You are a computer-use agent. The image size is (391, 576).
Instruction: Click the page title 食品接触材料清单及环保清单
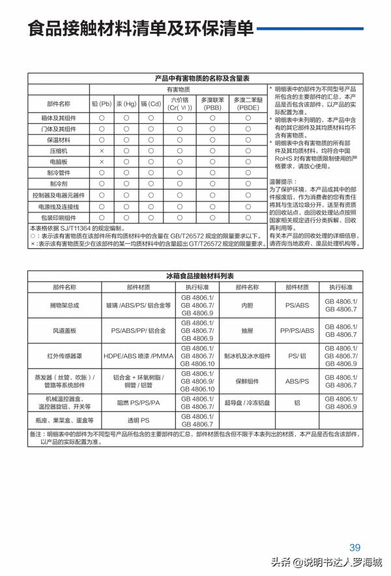pos(140,29)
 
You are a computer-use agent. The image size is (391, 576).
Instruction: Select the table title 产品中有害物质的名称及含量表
pos(202,78)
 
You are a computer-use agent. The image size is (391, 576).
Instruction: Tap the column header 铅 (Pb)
pos(102,104)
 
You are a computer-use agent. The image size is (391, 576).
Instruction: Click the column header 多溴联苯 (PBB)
pos(212,104)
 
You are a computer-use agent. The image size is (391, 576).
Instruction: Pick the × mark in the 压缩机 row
pos(102,151)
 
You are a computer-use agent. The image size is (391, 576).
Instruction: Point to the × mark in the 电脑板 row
pos(102,162)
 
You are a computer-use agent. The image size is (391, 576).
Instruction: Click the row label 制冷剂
pos(59,184)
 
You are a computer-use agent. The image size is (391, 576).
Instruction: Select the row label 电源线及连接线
pos(59,206)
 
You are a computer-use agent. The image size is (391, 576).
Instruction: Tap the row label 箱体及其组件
pos(59,117)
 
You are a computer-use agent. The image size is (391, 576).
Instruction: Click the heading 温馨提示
pos(283,182)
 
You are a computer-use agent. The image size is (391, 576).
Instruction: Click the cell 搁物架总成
pos(65,305)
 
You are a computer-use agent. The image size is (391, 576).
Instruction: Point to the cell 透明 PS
pos(138,420)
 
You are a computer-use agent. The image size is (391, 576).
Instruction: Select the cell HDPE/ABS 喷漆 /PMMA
pos(138,356)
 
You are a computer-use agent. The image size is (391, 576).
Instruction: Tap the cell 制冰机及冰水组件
pos(247,356)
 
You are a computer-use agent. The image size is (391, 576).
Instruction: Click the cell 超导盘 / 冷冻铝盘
pos(247,402)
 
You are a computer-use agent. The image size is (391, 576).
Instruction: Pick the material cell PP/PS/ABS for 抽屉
pos(297,330)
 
